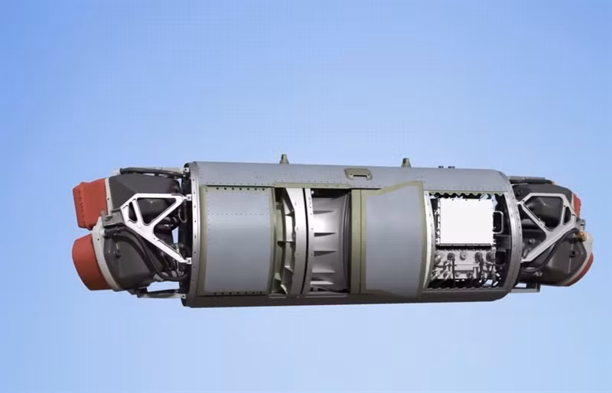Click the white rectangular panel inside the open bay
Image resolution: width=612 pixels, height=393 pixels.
tap(466, 221)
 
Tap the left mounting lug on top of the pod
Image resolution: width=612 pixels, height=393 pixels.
tap(284, 159)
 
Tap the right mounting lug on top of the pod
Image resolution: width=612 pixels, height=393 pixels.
tap(405, 162)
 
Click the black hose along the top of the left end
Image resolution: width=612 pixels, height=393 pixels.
tap(145, 171)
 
